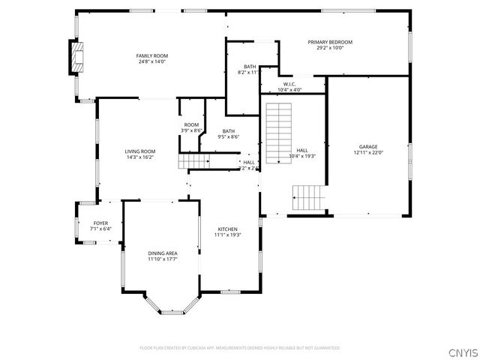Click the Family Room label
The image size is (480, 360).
click(151, 55)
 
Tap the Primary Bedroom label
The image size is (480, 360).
click(329, 42)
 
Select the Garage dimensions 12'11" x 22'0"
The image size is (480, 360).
click(368, 152)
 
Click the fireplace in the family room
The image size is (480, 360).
click(76, 57)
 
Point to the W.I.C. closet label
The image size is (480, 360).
click(289, 84)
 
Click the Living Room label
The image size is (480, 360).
click(139, 151)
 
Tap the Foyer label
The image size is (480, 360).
click(100, 223)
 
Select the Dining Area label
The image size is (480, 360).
click(162, 253)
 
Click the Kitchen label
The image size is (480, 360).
click(227, 229)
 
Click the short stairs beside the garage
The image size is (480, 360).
click(308, 197)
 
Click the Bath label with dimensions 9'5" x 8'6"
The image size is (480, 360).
click(228, 130)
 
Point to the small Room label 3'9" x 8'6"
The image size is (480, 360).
click(191, 124)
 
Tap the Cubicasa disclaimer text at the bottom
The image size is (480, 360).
click(239, 348)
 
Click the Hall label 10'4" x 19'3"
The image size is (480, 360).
click(302, 151)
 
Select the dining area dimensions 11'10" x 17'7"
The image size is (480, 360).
click(162, 260)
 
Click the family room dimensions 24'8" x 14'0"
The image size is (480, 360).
click(151, 61)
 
